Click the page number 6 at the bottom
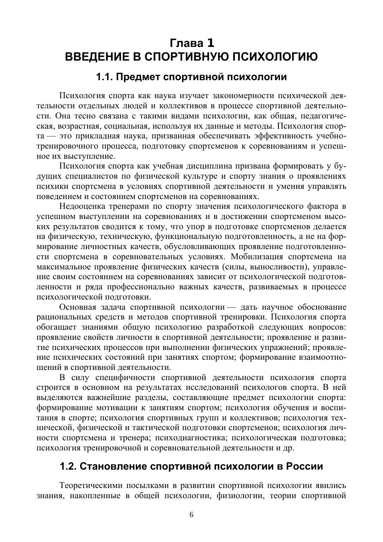coord(191,515)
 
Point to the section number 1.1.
coord(105,77)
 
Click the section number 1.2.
coord(69,467)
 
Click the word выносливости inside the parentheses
coord(276,267)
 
